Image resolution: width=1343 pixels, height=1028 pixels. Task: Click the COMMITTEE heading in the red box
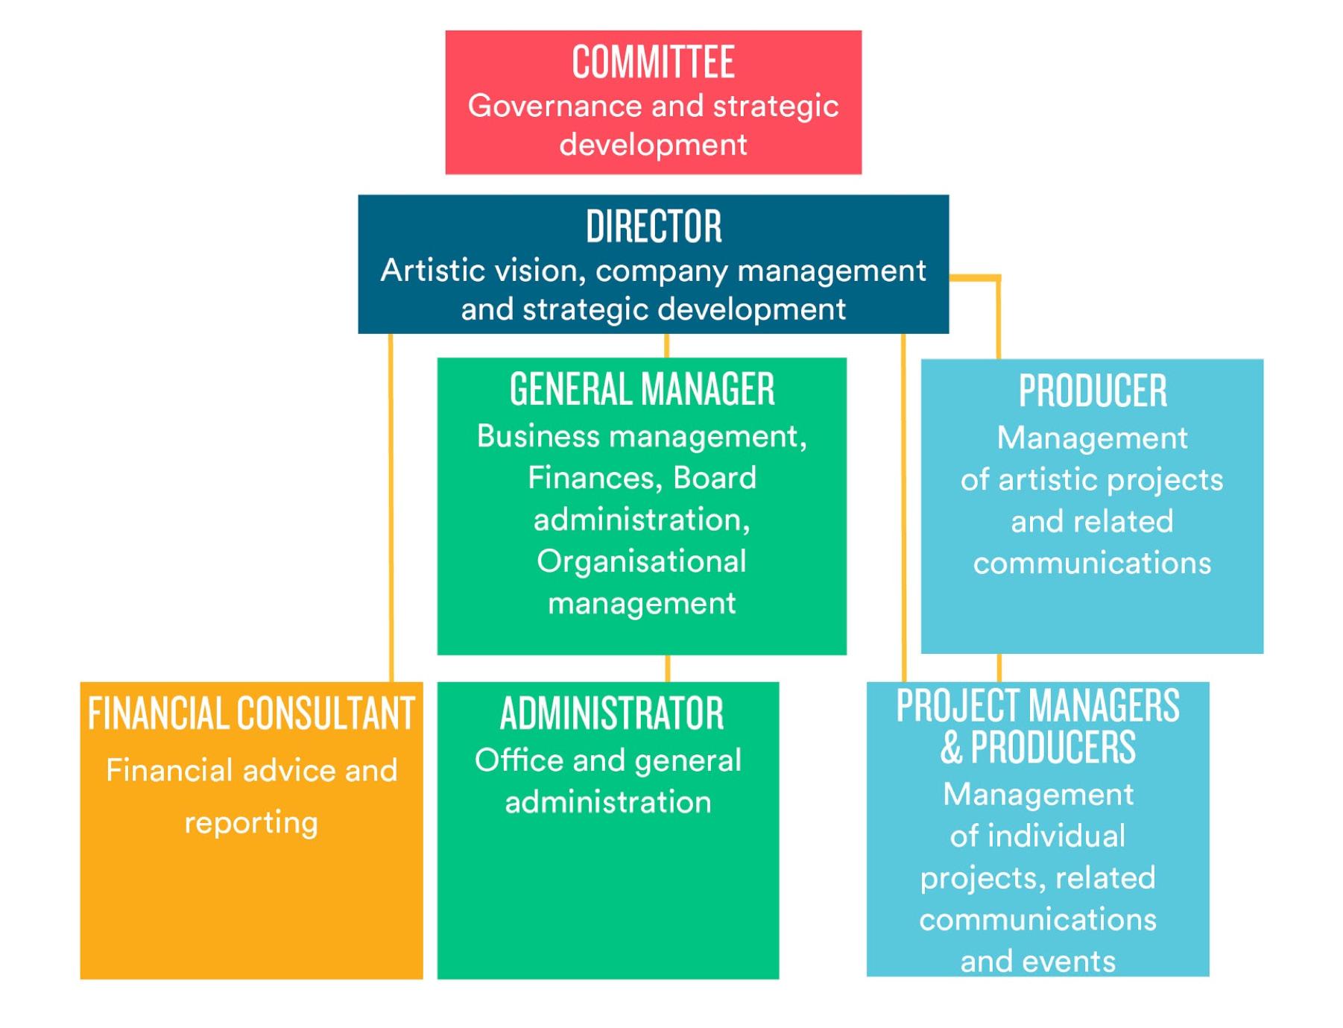click(653, 62)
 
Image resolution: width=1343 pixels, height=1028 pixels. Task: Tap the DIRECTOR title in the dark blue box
click(654, 226)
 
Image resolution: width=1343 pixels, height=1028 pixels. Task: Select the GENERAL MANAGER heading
click(642, 389)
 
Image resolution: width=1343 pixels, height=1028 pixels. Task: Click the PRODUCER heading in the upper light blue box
click(1092, 391)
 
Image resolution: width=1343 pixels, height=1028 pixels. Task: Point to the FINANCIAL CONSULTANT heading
click(251, 713)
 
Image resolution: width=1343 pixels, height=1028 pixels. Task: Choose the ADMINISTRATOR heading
click(611, 713)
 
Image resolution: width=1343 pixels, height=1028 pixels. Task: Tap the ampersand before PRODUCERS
click(951, 748)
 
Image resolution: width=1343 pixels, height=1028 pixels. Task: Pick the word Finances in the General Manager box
click(592, 478)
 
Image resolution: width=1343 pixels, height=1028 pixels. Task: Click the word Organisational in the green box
click(641, 561)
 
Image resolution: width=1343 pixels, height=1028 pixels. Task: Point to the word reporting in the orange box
click(251, 823)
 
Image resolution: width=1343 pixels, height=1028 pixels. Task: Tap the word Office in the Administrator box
click(519, 761)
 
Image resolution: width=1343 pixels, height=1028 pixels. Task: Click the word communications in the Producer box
click(1092, 564)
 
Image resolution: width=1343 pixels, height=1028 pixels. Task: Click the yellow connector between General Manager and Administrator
click(667, 668)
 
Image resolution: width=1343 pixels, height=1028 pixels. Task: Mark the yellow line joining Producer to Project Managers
click(999, 668)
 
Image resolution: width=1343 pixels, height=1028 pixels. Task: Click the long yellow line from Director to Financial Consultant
click(391, 507)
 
